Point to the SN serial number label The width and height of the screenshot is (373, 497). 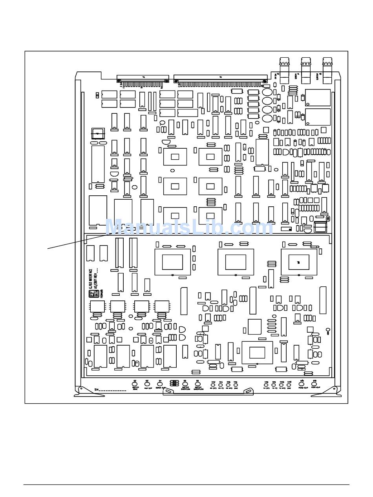[110, 390]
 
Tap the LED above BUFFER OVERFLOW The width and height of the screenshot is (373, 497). [185, 383]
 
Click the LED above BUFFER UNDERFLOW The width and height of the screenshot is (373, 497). [197, 383]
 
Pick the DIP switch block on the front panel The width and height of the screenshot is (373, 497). [174, 383]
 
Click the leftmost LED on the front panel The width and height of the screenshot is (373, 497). [135, 383]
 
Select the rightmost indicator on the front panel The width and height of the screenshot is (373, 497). [314, 383]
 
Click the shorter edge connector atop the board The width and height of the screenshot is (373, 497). [143, 80]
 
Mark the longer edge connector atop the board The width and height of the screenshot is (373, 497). [221, 80]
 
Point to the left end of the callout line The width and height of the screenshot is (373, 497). [48, 248]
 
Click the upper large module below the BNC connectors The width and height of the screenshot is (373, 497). [318, 98]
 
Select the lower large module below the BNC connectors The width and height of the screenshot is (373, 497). [318, 117]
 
